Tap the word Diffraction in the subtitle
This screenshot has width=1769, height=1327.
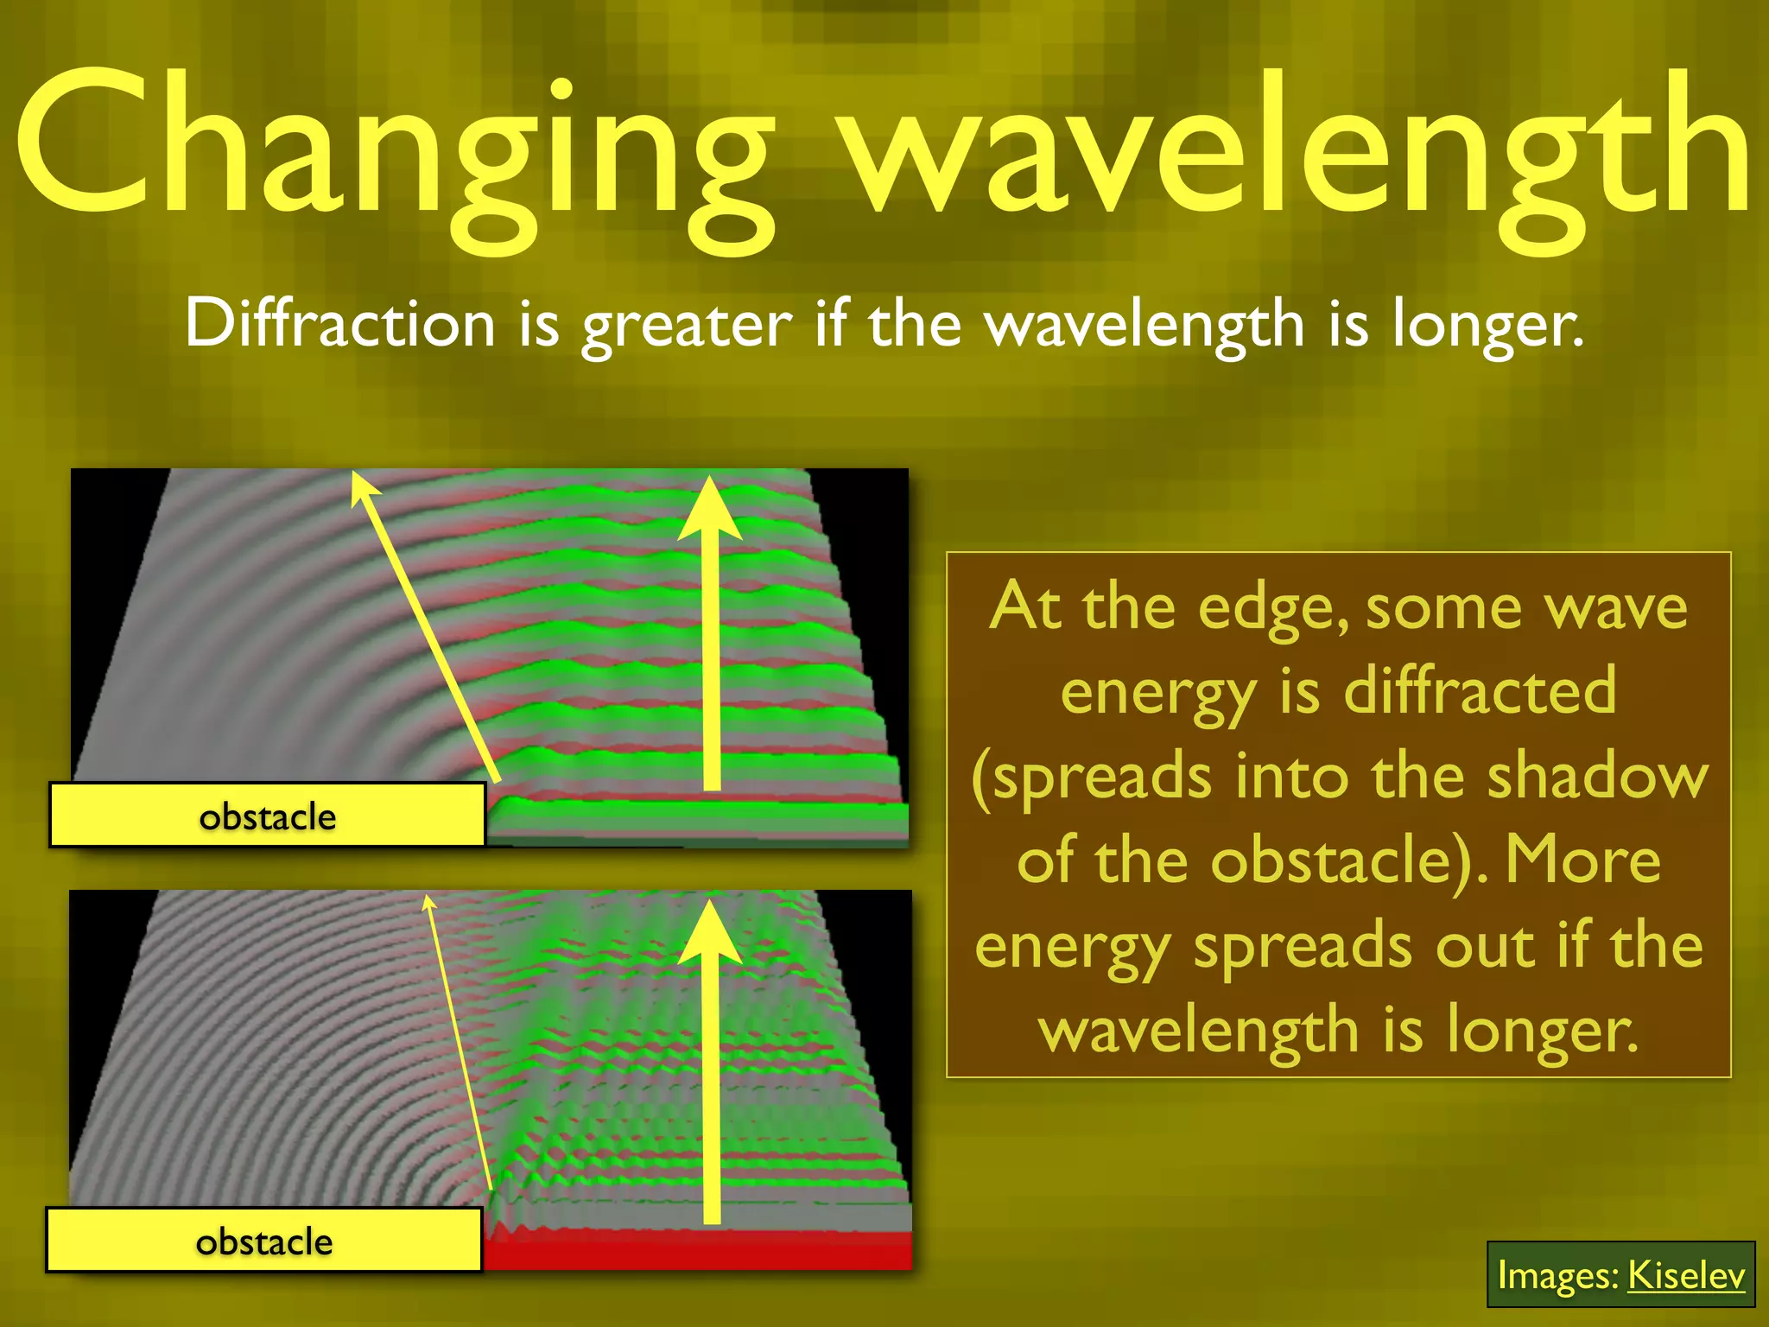(339, 324)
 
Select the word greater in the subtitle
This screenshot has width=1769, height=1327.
(687, 327)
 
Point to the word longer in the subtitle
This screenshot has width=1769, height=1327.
(1487, 327)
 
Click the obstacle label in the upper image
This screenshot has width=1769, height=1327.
(268, 816)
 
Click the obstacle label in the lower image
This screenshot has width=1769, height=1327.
(264, 1241)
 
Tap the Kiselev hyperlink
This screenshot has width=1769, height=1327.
(1685, 1275)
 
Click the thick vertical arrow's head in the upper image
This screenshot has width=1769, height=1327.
(710, 510)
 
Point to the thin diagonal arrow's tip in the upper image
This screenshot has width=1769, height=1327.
(356, 475)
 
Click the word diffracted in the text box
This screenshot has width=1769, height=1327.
(1480, 691)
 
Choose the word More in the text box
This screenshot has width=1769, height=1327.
(1582, 860)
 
